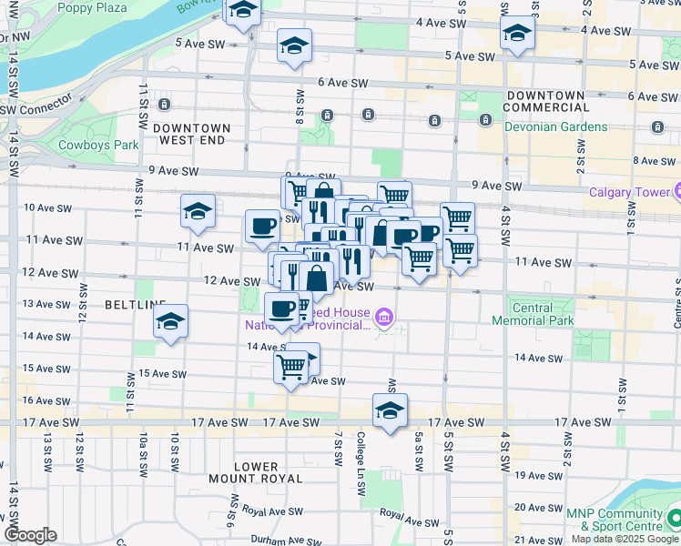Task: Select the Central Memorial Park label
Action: (534, 314)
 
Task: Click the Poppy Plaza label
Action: (92, 7)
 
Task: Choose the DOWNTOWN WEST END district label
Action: (191, 135)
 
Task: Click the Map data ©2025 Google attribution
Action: (624, 539)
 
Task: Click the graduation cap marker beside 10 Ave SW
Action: (198, 212)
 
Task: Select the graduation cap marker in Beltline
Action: (170, 321)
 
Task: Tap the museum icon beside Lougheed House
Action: (384, 317)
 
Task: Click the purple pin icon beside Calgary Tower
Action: (676, 192)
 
